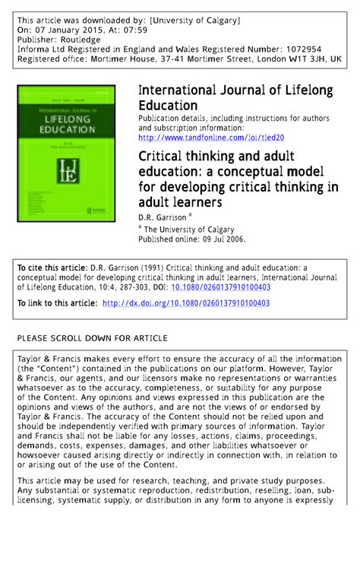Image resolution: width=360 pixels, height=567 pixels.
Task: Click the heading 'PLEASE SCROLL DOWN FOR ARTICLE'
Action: (92, 337)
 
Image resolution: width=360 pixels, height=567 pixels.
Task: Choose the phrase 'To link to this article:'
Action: (57, 303)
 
